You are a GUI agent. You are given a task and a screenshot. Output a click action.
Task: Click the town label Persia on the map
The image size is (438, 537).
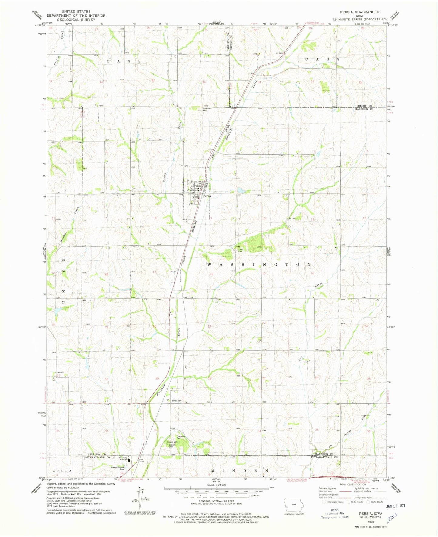(207, 196)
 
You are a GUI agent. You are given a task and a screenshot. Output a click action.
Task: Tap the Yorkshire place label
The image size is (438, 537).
(176, 400)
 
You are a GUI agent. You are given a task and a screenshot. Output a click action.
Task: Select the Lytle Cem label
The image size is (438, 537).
(240, 250)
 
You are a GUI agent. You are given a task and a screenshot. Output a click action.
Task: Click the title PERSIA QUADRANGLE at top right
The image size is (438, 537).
(359, 12)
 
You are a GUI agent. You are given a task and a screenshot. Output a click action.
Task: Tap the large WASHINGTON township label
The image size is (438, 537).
(259, 265)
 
